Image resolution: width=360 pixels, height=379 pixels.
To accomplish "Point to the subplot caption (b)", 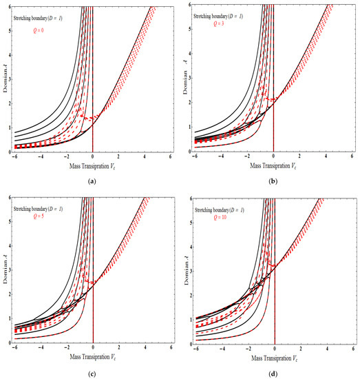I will [273, 180].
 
